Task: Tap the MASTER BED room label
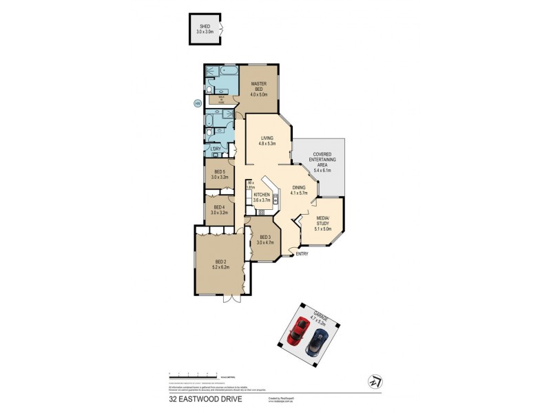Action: [x=258, y=87]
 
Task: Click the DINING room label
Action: [x=298, y=189]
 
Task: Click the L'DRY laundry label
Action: [x=216, y=149]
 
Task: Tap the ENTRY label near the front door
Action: [x=302, y=255]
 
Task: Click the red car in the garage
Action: [x=296, y=332]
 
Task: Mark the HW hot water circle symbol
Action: [x=198, y=104]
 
